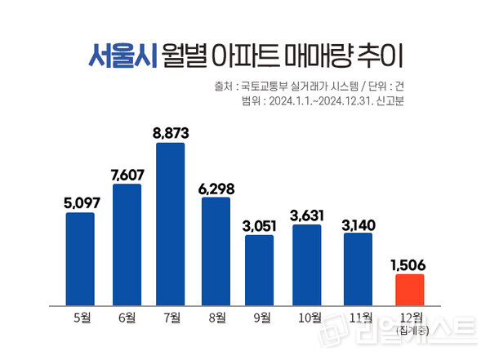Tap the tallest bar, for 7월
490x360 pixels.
171,223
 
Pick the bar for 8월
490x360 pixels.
216,250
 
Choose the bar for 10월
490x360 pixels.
305,264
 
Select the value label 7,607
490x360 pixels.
127,172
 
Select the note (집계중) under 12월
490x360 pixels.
410,330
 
